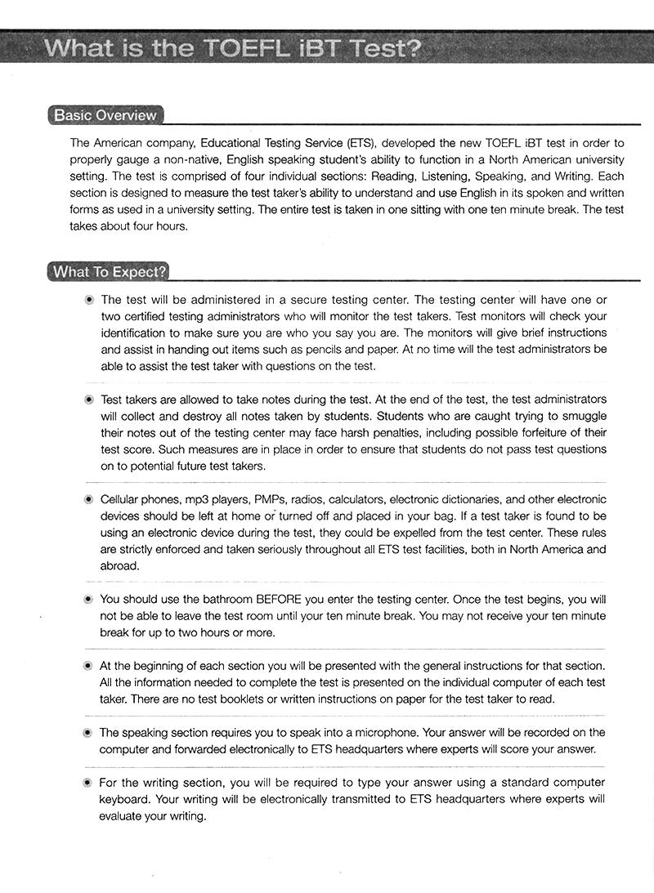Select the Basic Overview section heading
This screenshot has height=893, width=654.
[105, 115]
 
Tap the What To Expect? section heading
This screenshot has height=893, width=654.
[109, 271]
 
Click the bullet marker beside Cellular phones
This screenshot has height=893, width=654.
[88, 499]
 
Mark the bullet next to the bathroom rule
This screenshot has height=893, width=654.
[88, 599]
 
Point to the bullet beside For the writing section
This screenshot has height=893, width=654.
[88, 783]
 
